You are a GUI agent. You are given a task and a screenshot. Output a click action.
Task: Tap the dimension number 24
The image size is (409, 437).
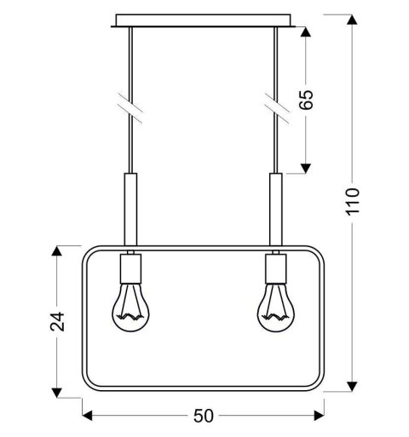click(x=58, y=321)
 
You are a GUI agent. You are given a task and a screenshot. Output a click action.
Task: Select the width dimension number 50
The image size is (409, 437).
click(x=204, y=416)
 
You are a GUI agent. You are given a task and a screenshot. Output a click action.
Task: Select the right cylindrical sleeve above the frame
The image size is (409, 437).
click(x=275, y=209)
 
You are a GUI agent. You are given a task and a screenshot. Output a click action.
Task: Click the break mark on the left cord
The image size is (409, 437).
click(x=130, y=105)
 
